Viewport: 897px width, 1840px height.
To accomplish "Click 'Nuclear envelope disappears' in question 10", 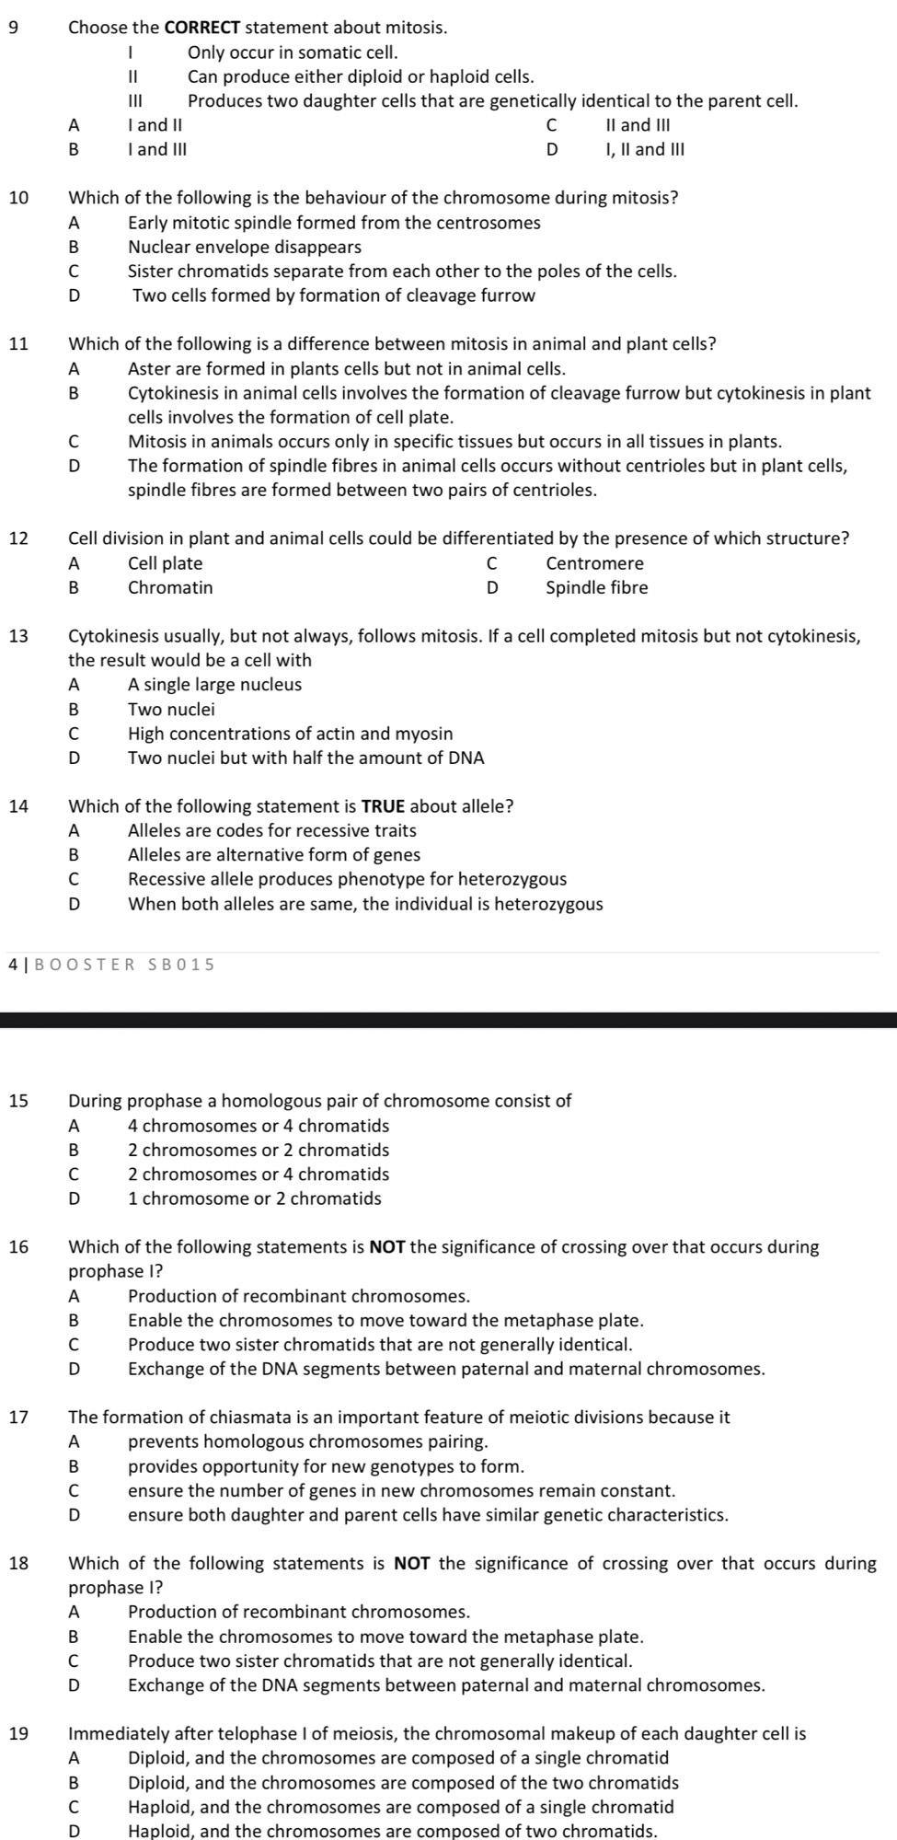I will (x=245, y=247).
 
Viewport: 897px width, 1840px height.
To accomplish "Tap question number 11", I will (x=17, y=344).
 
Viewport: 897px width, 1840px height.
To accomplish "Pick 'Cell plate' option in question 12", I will (x=166, y=563).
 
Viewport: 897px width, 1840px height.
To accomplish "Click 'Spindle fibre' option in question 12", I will (x=596, y=587).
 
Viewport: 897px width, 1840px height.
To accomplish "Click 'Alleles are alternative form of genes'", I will (x=274, y=855).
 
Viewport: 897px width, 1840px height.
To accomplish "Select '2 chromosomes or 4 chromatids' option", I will (x=259, y=1175).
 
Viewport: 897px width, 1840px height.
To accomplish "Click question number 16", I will (x=17, y=1247).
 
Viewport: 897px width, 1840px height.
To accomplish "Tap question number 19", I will (x=17, y=1734).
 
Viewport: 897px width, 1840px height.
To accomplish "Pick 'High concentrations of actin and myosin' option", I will (x=291, y=734).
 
